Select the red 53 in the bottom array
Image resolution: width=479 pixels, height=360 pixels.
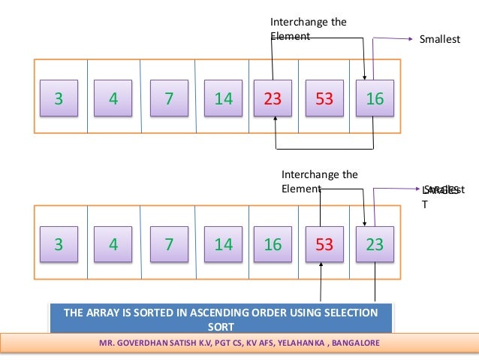(323, 244)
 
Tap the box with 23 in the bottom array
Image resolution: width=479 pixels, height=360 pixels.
(373, 244)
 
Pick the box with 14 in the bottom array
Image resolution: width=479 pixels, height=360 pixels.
(223, 244)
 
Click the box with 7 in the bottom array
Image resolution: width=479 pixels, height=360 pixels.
(167, 244)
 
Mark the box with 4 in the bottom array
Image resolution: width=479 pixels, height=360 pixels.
(113, 244)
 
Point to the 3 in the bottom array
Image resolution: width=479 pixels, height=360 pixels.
(57, 244)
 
